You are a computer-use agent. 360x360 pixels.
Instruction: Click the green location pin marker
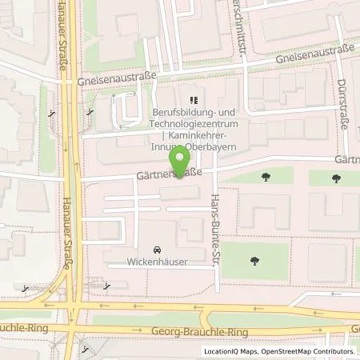pos(182,159)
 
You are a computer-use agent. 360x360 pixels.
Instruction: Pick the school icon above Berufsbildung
pos(192,101)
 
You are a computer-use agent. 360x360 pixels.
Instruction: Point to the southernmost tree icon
pos(254,259)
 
